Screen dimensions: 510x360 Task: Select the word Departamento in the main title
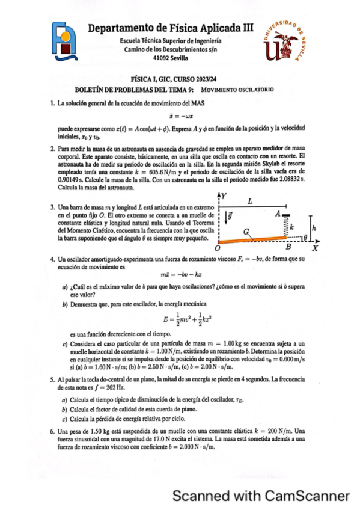click(123, 28)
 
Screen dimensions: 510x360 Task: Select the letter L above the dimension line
click(251, 200)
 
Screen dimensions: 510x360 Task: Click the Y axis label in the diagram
click(224, 196)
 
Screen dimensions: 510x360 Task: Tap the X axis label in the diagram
click(314, 248)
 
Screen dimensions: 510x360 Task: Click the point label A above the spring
click(277, 214)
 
